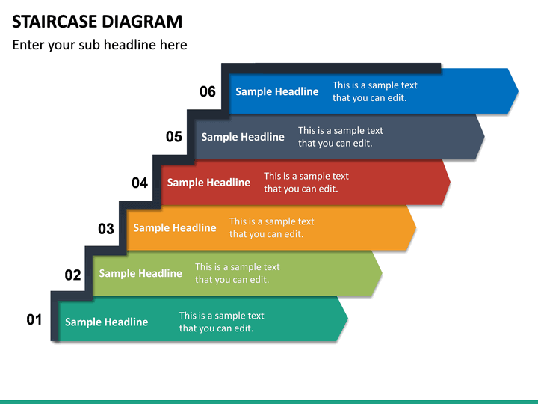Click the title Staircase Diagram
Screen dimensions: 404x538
click(97, 21)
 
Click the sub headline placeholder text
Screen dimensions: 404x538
click(99, 45)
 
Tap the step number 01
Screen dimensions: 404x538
click(34, 320)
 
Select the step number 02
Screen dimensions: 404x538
click(72, 275)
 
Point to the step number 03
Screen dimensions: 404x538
click(106, 229)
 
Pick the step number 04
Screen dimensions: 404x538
click(140, 183)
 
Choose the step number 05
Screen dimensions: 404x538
click(174, 137)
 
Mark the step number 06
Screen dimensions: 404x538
click(208, 92)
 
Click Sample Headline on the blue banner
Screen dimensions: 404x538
click(276, 91)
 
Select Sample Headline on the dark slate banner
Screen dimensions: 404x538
click(243, 137)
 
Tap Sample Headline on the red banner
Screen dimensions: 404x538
click(208, 183)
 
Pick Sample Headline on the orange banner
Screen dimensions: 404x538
click(174, 228)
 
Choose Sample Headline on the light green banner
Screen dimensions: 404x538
click(140, 274)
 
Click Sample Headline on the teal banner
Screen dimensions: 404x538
click(106, 322)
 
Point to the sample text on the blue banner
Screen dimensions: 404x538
click(374, 91)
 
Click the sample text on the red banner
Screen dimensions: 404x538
click(306, 183)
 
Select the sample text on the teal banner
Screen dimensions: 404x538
click(221, 322)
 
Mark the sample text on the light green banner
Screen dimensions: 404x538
click(237, 273)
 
